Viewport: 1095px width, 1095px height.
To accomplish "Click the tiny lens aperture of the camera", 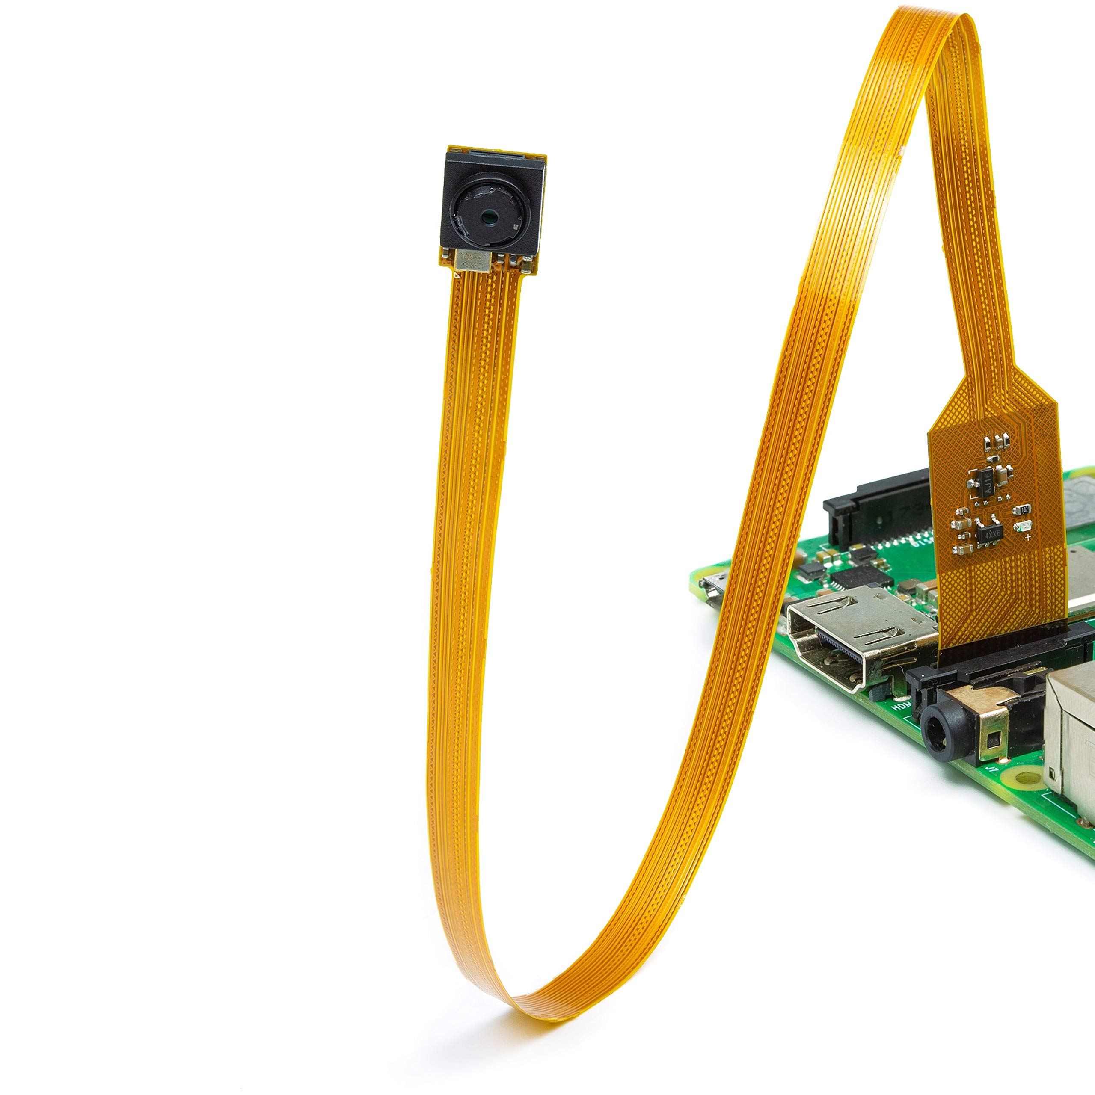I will pyautogui.click(x=488, y=216).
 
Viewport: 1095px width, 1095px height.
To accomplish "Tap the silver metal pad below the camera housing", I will pyautogui.click(x=472, y=261).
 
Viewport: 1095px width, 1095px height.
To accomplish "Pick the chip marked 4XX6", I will pyautogui.click(x=991, y=533).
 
